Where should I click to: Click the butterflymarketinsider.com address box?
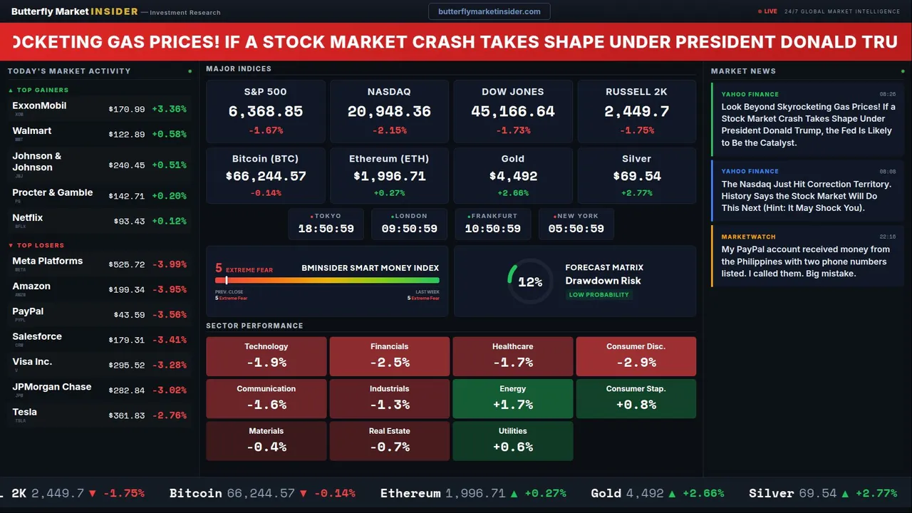(x=489, y=11)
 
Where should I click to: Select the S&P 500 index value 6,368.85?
(x=266, y=111)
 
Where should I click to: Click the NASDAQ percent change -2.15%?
(x=389, y=130)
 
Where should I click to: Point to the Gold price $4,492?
(x=513, y=176)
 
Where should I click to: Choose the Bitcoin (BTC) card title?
(x=266, y=159)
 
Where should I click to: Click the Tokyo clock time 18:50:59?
(x=326, y=229)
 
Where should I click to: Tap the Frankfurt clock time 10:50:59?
(x=492, y=229)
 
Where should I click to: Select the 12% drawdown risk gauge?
(x=529, y=281)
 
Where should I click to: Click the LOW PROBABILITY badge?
(x=598, y=295)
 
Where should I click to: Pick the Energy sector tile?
(x=513, y=398)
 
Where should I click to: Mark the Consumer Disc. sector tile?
(x=636, y=356)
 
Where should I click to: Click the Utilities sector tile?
(x=513, y=440)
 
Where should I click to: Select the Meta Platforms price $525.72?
(x=127, y=264)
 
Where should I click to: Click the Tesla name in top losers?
(x=25, y=412)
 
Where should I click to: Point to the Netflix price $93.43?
(x=129, y=221)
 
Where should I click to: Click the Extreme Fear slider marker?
(x=227, y=280)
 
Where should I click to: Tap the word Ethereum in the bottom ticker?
(x=410, y=493)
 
